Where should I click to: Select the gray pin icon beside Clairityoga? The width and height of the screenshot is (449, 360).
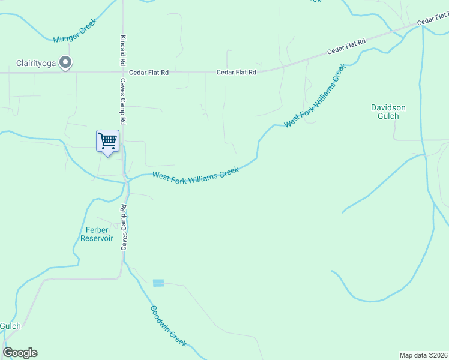click(x=67, y=62)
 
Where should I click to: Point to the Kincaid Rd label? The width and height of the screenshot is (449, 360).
click(x=122, y=51)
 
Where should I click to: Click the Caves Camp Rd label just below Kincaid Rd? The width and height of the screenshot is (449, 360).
click(x=122, y=101)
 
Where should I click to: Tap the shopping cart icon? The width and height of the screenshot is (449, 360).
click(x=108, y=141)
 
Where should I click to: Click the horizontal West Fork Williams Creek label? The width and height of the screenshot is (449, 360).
click(x=196, y=174)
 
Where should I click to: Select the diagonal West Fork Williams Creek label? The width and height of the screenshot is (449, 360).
click(x=315, y=96)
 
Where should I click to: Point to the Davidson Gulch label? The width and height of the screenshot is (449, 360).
click(x=388, y=112)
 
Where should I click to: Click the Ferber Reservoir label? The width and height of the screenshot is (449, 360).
click(x=97, y=234)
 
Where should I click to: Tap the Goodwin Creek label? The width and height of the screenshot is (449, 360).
click(x=169, y=326)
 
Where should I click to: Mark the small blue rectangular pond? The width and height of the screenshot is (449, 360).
click(x=158, y=283)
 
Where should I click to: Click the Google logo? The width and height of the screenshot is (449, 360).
click(x=20, y=353)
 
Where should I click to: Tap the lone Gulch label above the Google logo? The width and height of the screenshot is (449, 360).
click(x=10, y=326)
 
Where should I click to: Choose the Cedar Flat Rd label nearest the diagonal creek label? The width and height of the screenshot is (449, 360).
click(x=346, y=47)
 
